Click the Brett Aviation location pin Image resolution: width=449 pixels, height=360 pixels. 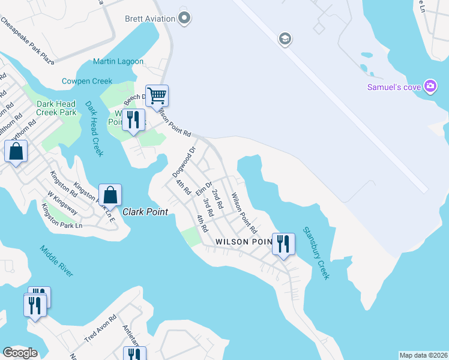185,19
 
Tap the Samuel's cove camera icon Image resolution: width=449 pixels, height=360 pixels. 430,87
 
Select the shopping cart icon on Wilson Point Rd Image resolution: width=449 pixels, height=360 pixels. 157,95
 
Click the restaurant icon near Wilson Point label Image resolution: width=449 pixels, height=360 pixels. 283,244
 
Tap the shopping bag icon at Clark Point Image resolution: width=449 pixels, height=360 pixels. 110,194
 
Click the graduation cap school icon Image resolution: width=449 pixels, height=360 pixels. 285,40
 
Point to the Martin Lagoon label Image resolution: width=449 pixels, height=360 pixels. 118,61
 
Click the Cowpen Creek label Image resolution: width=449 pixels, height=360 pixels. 87,81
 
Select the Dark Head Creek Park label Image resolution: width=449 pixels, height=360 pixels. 56,108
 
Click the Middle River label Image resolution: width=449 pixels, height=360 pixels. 56,261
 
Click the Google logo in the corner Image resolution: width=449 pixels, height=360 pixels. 20,353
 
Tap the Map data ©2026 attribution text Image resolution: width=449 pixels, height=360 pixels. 423,355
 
